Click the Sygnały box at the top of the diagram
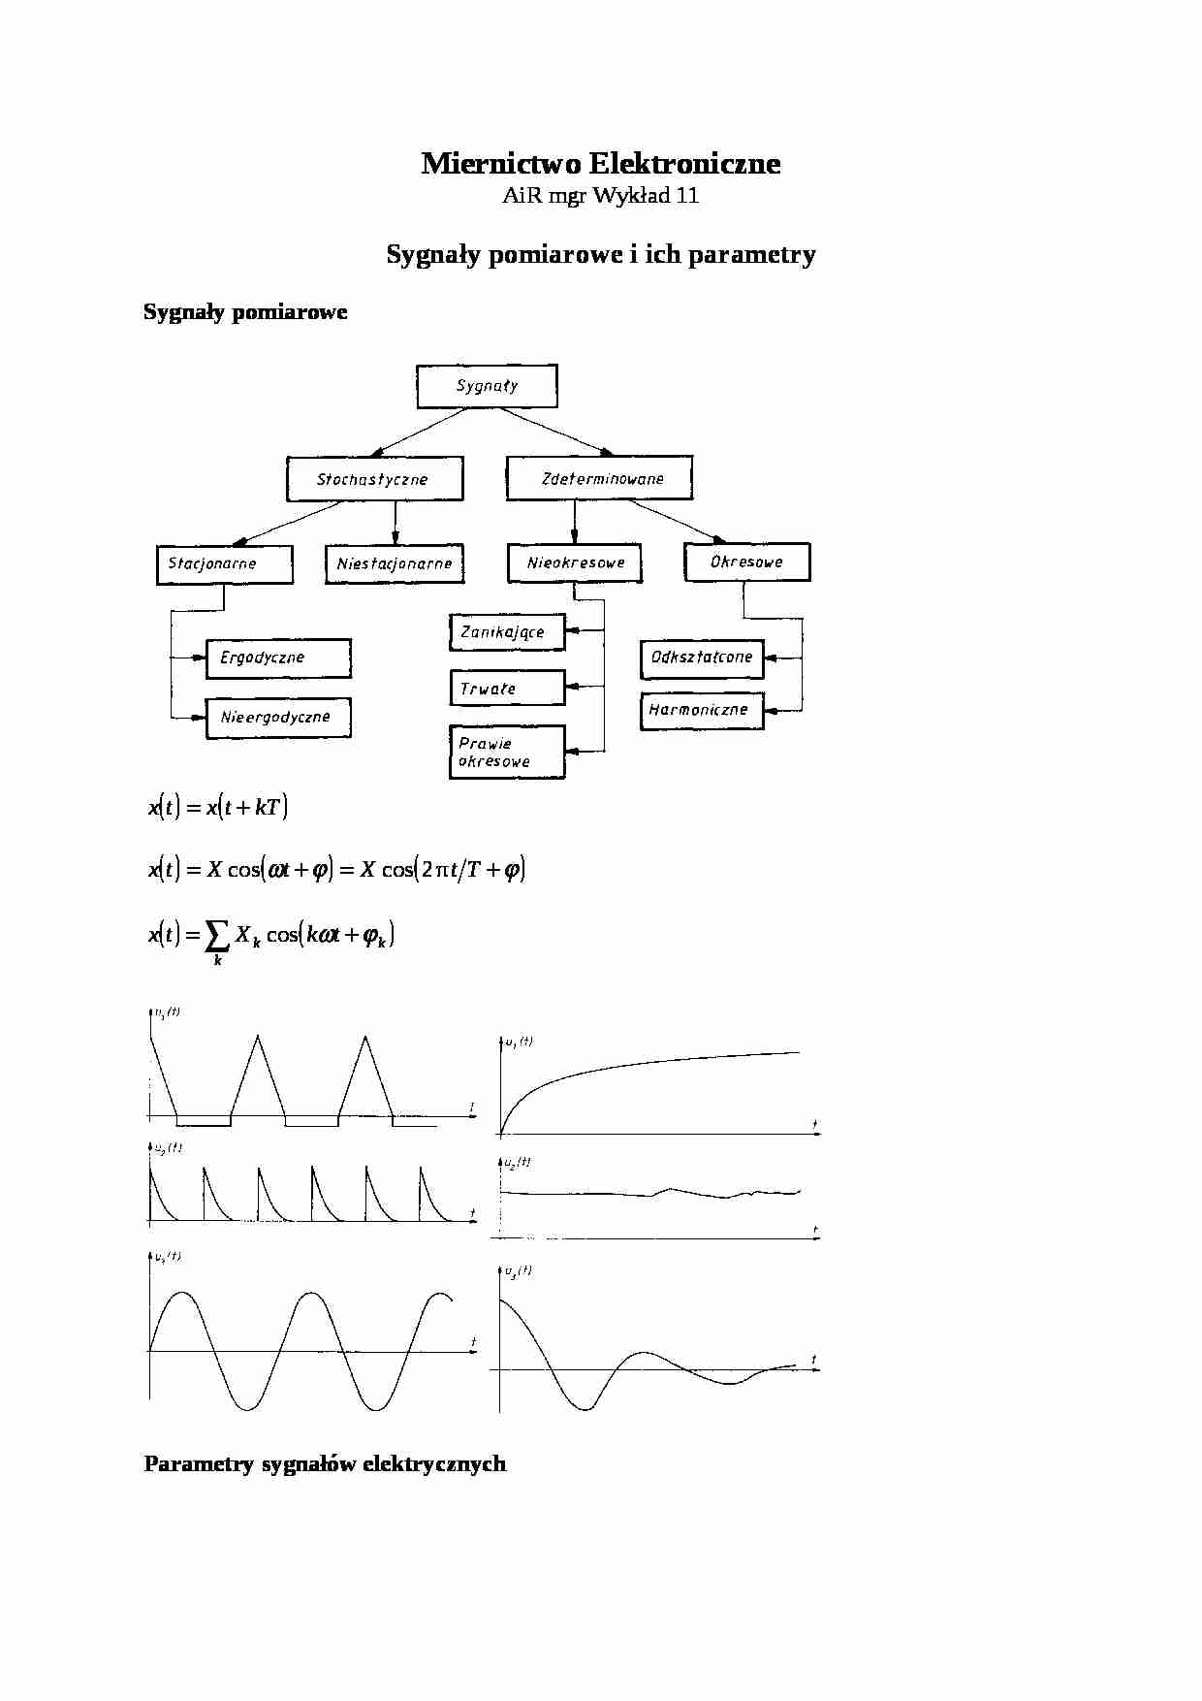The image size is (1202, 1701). (487, 386)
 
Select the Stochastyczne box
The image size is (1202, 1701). (374, 479)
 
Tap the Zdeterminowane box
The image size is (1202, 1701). (599, 478)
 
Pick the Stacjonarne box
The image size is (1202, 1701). (224, 563)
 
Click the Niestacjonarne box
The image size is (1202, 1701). (395, 563)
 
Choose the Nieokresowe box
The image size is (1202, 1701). (575, 562)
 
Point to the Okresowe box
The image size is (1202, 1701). (746, 562)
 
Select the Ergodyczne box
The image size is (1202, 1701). (278, 658)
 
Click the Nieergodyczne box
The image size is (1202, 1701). (278, 718)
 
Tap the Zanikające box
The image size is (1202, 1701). (507, 632)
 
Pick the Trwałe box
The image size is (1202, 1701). (507, 689)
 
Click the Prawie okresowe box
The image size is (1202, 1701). (507, 752)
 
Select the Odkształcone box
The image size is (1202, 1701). (702, 658)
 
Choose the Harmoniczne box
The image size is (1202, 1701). (702, 710)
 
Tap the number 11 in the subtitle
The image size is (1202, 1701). (687, 196)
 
